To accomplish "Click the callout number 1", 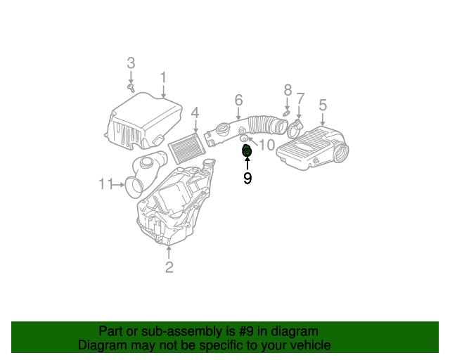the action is coord(162,77).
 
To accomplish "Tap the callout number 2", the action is coord(169,266).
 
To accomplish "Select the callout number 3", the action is coord(131,63).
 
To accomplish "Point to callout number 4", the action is coord(195,112).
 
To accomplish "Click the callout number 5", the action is coord(323,105).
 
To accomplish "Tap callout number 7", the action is coord(300,98).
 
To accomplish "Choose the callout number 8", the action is coord(287,90).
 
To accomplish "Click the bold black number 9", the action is coord(247,179).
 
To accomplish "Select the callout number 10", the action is coord(266,145).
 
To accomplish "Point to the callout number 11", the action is coord(106,184).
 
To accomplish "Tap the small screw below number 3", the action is coord(131,88).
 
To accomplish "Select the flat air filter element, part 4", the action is coord(188,146).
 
